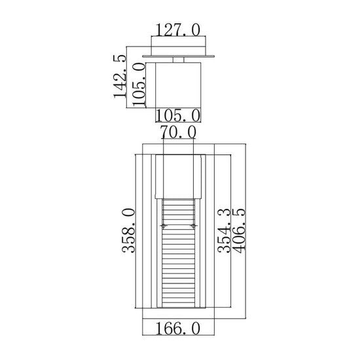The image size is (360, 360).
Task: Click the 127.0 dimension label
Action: (x=178, y=30)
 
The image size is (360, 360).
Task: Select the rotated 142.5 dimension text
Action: (x=120, y=77)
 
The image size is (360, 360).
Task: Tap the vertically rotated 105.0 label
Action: (x=139, y=85)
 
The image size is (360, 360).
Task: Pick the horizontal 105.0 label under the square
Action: (x=178, y=115)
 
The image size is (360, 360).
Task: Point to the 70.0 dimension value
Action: (x=178, y=132)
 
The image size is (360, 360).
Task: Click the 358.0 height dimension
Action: (x=128, y=230)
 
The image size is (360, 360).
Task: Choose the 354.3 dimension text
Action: (x=224, y=230)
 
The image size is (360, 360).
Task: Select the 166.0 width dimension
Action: (x=178, y=329)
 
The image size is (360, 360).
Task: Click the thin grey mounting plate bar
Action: (x=179, y=56)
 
